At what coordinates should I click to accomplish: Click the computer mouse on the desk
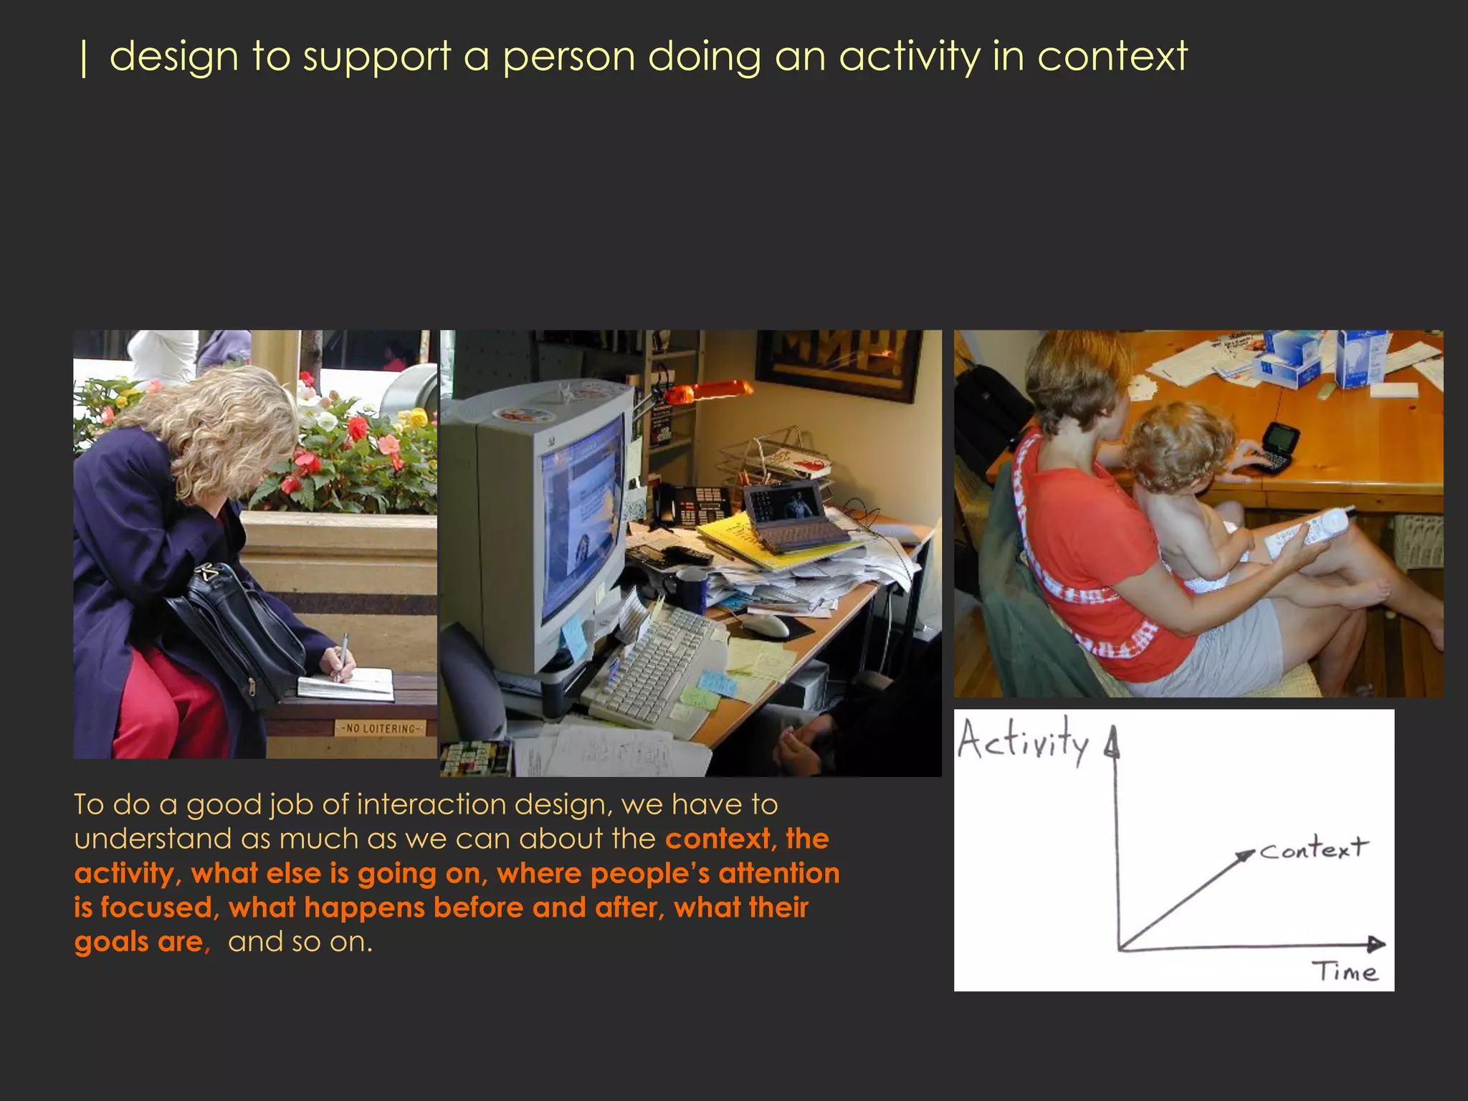[x=765, y=625]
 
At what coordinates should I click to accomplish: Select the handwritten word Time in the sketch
[x=1345, y=972]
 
